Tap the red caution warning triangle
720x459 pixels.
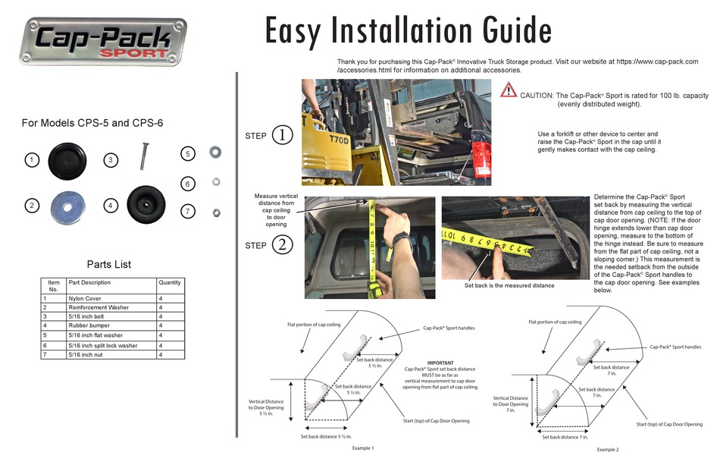(x=509, y=91)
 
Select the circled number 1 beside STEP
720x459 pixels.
(x=282, y=136)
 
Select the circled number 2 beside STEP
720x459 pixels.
(x=282, y=245)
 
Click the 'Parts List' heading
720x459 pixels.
(x=108, y=265)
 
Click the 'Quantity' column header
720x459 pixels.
(x=170, y=283)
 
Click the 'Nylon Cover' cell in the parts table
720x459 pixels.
(x=86, y=298)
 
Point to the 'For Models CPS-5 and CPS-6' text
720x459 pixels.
(x=92, y=123)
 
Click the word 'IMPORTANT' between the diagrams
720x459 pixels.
(x=440, y=363)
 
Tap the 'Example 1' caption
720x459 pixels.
(x=363, y=448)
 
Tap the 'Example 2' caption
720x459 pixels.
(x=607, y=449)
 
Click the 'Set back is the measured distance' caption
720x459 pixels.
(x=509, y=286)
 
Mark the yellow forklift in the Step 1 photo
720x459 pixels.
(x=333, y=152)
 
